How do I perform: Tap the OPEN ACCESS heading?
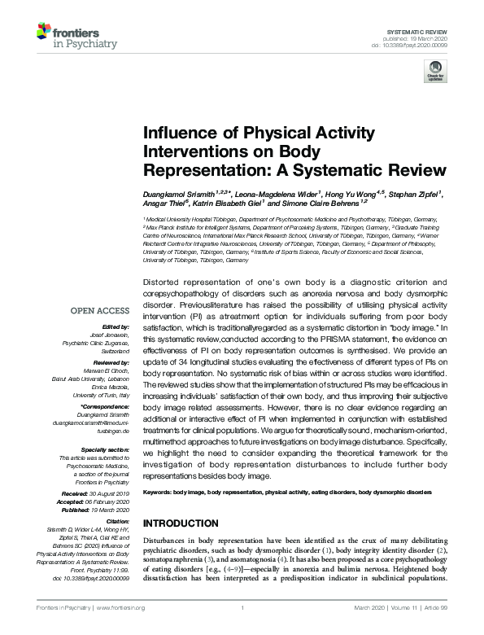[99, 310]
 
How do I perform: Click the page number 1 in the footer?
[242, 607]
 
